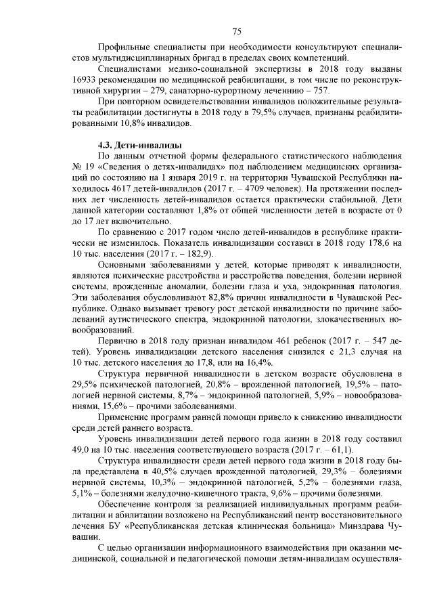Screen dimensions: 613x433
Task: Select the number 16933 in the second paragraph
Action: pyautogui.click(x=84, y=79)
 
